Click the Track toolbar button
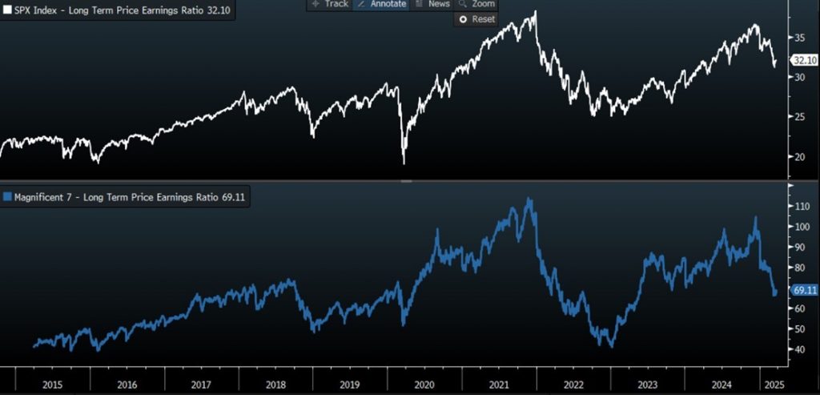click(x=330, y=4)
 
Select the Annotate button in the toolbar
click(x=381, y=4)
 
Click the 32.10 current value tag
click(x=803, y=60)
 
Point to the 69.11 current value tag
click(x=803, y=290)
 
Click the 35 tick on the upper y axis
click(x=799, y=38)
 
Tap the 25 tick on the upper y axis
click(x=799, y=117)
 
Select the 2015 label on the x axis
click(x=52, y=385)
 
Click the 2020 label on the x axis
click(x=424, y=385)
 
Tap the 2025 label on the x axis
click(x=772, y=385)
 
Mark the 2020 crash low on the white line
click(x=404, y=163)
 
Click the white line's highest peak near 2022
click(x=534, y=12)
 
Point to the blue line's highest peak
click(x=528, y=199)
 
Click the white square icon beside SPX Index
click(x=8, y=12)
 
